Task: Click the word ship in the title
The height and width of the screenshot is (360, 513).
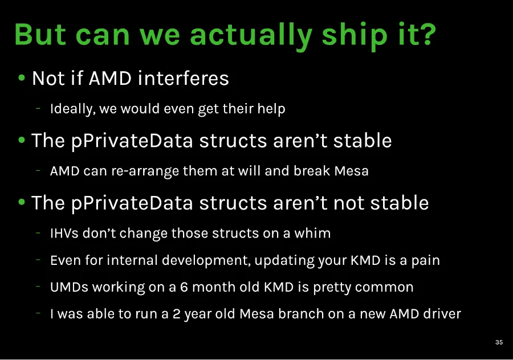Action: pyautogui.click(x=355, y=35)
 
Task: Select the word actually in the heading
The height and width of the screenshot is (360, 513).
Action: pyautogui.click(x=251, y=35)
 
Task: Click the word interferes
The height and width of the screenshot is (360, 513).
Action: pyautogui.click(x=183, y=78)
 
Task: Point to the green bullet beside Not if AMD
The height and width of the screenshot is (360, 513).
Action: pyautogui.click(x=22, y=78)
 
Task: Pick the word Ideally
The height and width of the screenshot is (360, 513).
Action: pyautogui.click(x=72, y=109)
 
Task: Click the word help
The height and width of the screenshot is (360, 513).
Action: pyautogui.click(x=271, y=109)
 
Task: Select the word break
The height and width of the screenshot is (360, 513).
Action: pyautogui.click(x=312, y=171)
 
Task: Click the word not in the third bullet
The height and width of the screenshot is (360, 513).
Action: pyautogui.click(x=348, y=203)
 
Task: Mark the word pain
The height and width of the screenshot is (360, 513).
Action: pyautogui.click(x=426, y=260)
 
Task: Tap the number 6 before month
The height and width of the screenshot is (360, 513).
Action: pyautogui.click(x=184, y=287)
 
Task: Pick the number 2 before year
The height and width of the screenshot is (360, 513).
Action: pyautogui.click(x=176, y=314)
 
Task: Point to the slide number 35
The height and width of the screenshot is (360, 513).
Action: pyautogui.click(x=499, y=342)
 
